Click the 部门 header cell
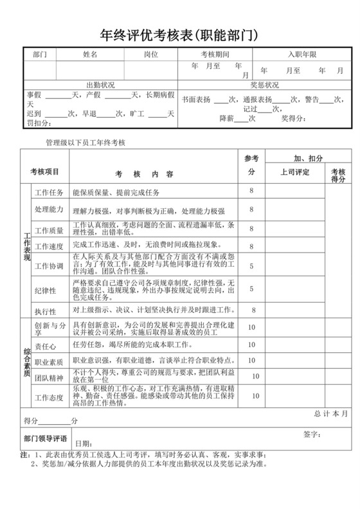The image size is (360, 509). pyautogui.click(x=40, y=55)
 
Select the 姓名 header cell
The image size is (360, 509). pyautogui.click(x=90, y=55)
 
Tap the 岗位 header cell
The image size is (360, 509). pyautogui.click(x=150, y=55)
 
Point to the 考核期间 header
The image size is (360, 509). pyautogui.click(x=215, y=55)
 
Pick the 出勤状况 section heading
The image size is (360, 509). pyautogui.click(x=100, y=85)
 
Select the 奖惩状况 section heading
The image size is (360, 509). pyautogui.click(x=264, y=85)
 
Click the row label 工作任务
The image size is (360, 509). pyautogui.click(x=49, y=192)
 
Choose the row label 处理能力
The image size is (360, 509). pyautogui.click(x=49, y=210)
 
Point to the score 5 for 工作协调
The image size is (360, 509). pyautogui.click(x=251, y=265)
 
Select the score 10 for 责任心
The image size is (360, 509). pyautogui.click(x=251, y=345)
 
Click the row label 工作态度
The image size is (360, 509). pyautogui.click(x=49, y=398)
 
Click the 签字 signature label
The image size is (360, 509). pyautogui.click(x=312, y=434)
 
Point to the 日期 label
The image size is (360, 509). pyautogui.click(x=83, y=443)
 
